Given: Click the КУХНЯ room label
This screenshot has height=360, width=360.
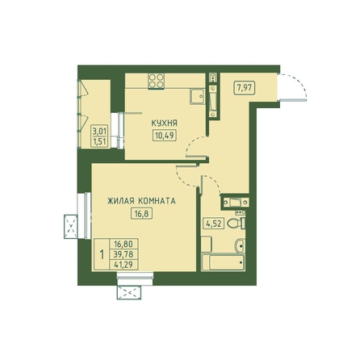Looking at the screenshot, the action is tap(164, 123).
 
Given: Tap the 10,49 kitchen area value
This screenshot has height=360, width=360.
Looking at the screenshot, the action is tap(165, 136).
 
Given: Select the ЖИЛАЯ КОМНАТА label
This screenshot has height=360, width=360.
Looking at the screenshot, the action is tap(141, 201).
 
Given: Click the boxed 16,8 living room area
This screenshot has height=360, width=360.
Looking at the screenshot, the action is tap(141, 214).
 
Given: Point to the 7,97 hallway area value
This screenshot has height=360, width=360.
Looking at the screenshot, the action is tap(245, 88).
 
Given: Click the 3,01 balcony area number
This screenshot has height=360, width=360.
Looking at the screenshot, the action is tap(100, 132).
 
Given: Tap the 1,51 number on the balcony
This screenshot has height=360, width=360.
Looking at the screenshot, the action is tap(100, 142).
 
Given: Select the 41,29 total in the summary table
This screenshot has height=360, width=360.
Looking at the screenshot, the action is tap(123, 264).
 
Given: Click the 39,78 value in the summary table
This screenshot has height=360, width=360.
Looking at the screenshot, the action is tap(123, 254).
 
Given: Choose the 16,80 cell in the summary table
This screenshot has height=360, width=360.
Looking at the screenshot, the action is tap(123, 244).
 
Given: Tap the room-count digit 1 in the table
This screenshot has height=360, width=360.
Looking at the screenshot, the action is tap(102, 254).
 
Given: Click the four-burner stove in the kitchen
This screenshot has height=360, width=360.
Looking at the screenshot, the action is tap(157, 81).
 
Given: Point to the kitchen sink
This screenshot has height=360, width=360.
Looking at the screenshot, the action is tap(197, 97).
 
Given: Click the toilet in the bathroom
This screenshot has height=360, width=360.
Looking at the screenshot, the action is tap(237, 223).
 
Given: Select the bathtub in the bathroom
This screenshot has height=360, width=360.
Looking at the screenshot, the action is tap(223, 262).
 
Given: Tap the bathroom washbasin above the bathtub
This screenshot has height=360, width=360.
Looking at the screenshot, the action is tap(240, 245).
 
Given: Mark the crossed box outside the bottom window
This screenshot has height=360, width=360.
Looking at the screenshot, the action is tap(129, 292).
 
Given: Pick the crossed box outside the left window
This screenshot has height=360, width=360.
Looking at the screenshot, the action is tap(70, 227).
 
